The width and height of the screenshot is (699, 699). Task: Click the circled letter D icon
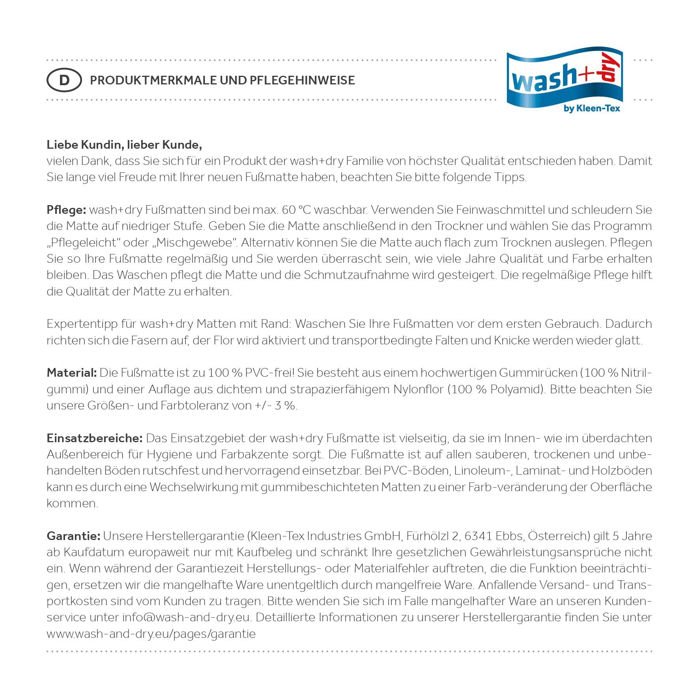tap(64, 80)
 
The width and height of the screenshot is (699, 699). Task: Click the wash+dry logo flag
tap(564, 79)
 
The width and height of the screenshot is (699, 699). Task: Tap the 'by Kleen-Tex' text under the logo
tap(592, 108)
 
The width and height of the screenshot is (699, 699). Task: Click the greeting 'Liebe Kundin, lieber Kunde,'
tap(124, 145)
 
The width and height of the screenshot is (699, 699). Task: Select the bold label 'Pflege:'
tap(66, 210)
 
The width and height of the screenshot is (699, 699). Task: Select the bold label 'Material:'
tap(71, 373)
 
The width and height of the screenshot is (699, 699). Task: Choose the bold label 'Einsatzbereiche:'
tap(95, 438)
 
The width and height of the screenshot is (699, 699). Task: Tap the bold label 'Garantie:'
tap(73, 536)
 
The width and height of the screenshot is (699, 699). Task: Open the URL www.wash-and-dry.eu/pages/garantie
tap(151, 634)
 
